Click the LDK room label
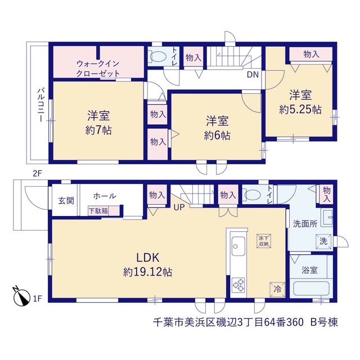pos(147,258)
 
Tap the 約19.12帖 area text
pos(147,272)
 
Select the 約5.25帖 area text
pos(300,110)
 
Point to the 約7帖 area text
pos(98,130)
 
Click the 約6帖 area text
pos(217,136)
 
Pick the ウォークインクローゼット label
pos(98,69)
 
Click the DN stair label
pos(253,75)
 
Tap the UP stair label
pos(179,208)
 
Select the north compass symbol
pos(21,296)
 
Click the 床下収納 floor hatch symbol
pos(264,241)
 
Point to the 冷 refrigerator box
pos(277,290)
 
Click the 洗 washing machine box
pos(323,241)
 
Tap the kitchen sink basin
pos(238,246)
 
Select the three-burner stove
pos(238,285)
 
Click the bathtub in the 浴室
pos(312,288)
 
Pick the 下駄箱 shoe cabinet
pos(104,211)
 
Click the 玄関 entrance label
pos(66,200)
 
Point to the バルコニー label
pos(41,105)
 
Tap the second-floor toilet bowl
pos(158,56)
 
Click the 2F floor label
pos(38,173)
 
